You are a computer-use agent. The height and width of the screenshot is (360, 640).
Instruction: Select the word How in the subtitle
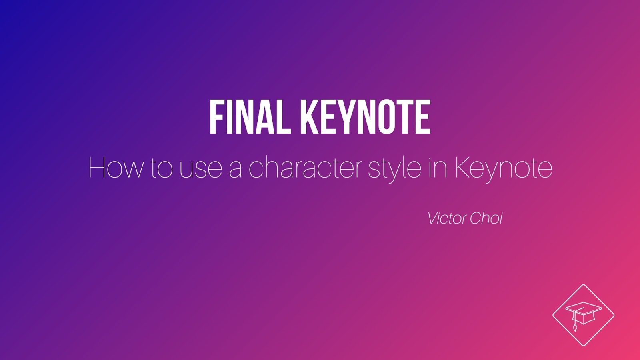tap(115, 168)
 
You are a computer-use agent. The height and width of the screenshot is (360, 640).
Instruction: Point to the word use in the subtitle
tap(200, 168)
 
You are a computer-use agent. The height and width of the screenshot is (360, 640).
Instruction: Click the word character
tap(305, 168)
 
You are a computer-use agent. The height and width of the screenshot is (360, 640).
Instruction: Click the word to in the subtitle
tap(161, 168)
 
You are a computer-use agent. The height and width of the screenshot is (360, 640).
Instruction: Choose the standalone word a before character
tap(236, 169)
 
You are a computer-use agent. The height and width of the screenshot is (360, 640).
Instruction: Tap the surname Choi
tap(486, 218)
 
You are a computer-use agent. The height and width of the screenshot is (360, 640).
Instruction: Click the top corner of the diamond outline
tap(584, 285)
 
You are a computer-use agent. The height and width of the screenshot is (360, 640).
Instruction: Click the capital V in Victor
tap(432, 218)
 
